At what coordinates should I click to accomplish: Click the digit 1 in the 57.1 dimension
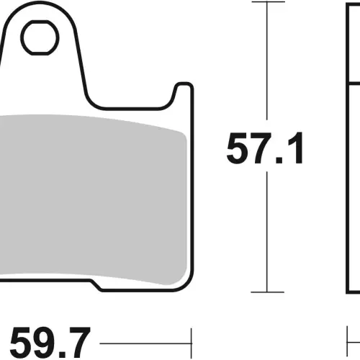coord(296,148)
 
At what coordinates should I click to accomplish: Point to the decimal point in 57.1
coord(279,160)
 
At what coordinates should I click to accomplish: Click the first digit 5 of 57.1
coord(237,148)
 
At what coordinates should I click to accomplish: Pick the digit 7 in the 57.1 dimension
coord(261,148)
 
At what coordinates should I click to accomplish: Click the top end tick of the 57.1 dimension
coord(268,2)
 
